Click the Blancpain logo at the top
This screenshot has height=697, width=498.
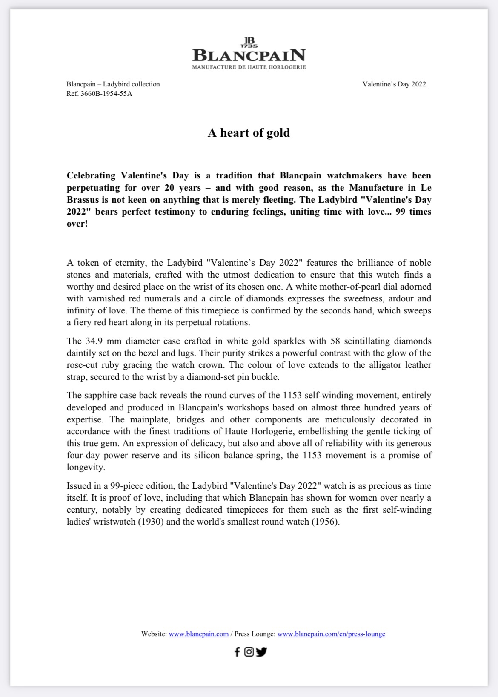tap(249, 54)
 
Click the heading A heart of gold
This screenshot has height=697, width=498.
tap(249, 133)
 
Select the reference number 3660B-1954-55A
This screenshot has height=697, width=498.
tap(106, 94)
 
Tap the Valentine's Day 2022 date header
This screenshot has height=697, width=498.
tap(394, 84)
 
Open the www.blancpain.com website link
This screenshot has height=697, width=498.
tap(199, 634)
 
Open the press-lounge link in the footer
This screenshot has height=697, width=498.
tap(331, 634)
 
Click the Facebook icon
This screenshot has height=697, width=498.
tap(237, 652)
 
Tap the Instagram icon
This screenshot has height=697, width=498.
tap(249, 652)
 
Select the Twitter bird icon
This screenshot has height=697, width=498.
tap(261, 652)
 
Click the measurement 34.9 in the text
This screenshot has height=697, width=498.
tap(94, 341)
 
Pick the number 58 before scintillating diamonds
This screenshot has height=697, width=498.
tap(333, 341)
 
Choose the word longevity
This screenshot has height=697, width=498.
tap(86, 468)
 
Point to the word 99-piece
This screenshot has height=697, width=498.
tap(127, 486)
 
